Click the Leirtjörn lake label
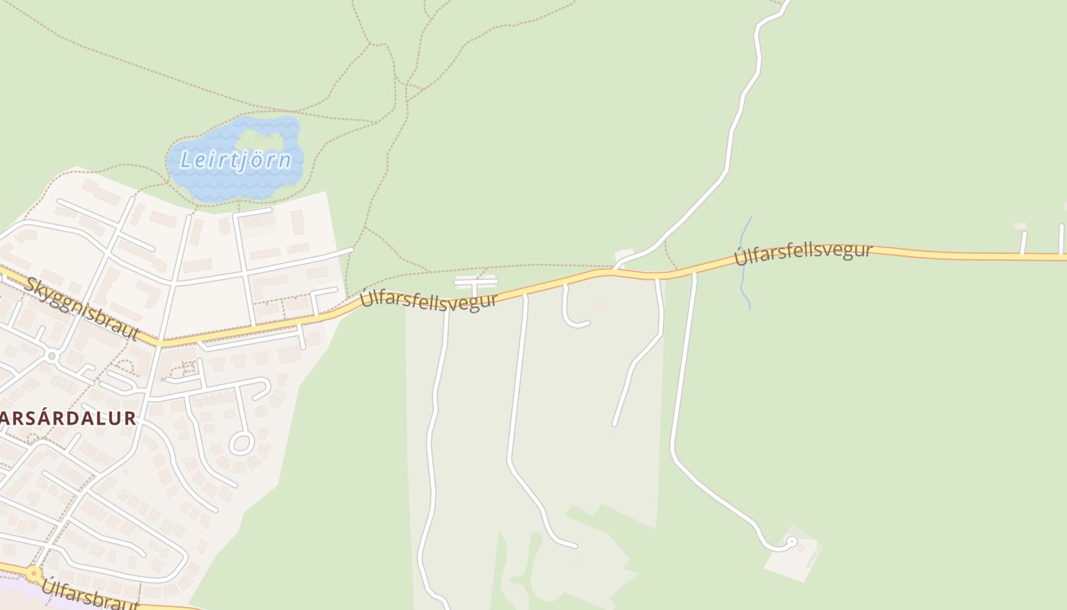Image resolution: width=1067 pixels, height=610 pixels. click(236, 160)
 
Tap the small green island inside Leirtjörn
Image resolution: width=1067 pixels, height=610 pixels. click(260, 140)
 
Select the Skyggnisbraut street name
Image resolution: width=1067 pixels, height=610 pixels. click(82, 309)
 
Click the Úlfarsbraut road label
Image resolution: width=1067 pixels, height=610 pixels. click(89, 596)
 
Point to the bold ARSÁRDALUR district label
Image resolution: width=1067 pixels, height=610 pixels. click(68, 418)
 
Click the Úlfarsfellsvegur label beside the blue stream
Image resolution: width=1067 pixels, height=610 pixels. click(803, 253)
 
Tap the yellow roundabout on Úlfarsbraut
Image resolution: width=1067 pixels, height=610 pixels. click(34, 573)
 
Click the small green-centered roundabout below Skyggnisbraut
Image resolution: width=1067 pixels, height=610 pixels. click(51, 355)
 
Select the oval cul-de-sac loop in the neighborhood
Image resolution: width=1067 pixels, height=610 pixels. click(242, 442)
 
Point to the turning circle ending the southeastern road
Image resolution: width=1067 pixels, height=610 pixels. click(791, 541)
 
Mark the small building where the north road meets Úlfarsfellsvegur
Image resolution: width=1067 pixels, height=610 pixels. click(624, 253)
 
